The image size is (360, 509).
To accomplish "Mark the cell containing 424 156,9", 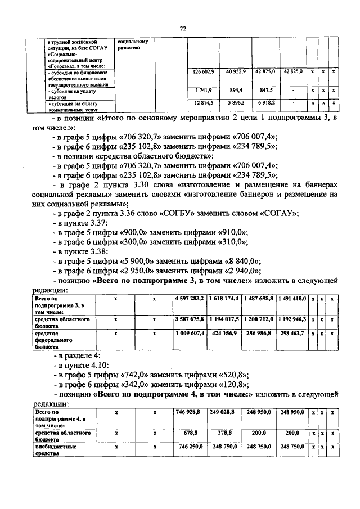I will [227, 333].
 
